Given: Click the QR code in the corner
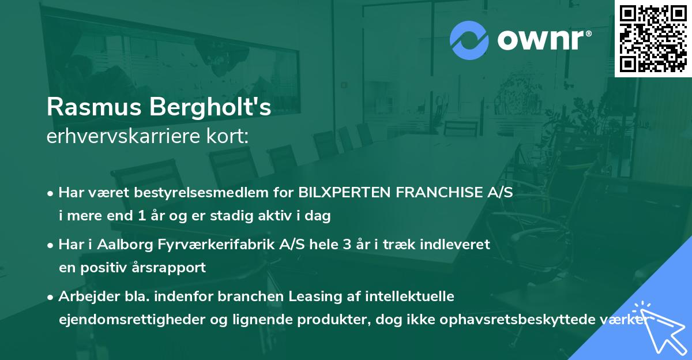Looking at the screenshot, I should [653, 38].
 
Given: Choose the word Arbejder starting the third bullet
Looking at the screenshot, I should [84, 297].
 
